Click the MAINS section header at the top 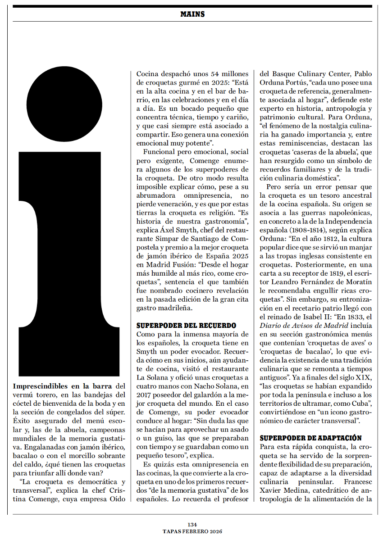(x=192, y=14)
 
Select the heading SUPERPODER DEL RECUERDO (x=186, y=325)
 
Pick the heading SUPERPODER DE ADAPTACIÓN (x=311, y=438)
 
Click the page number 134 (x=192, y=524)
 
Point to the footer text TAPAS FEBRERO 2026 (x=192, y=531)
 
